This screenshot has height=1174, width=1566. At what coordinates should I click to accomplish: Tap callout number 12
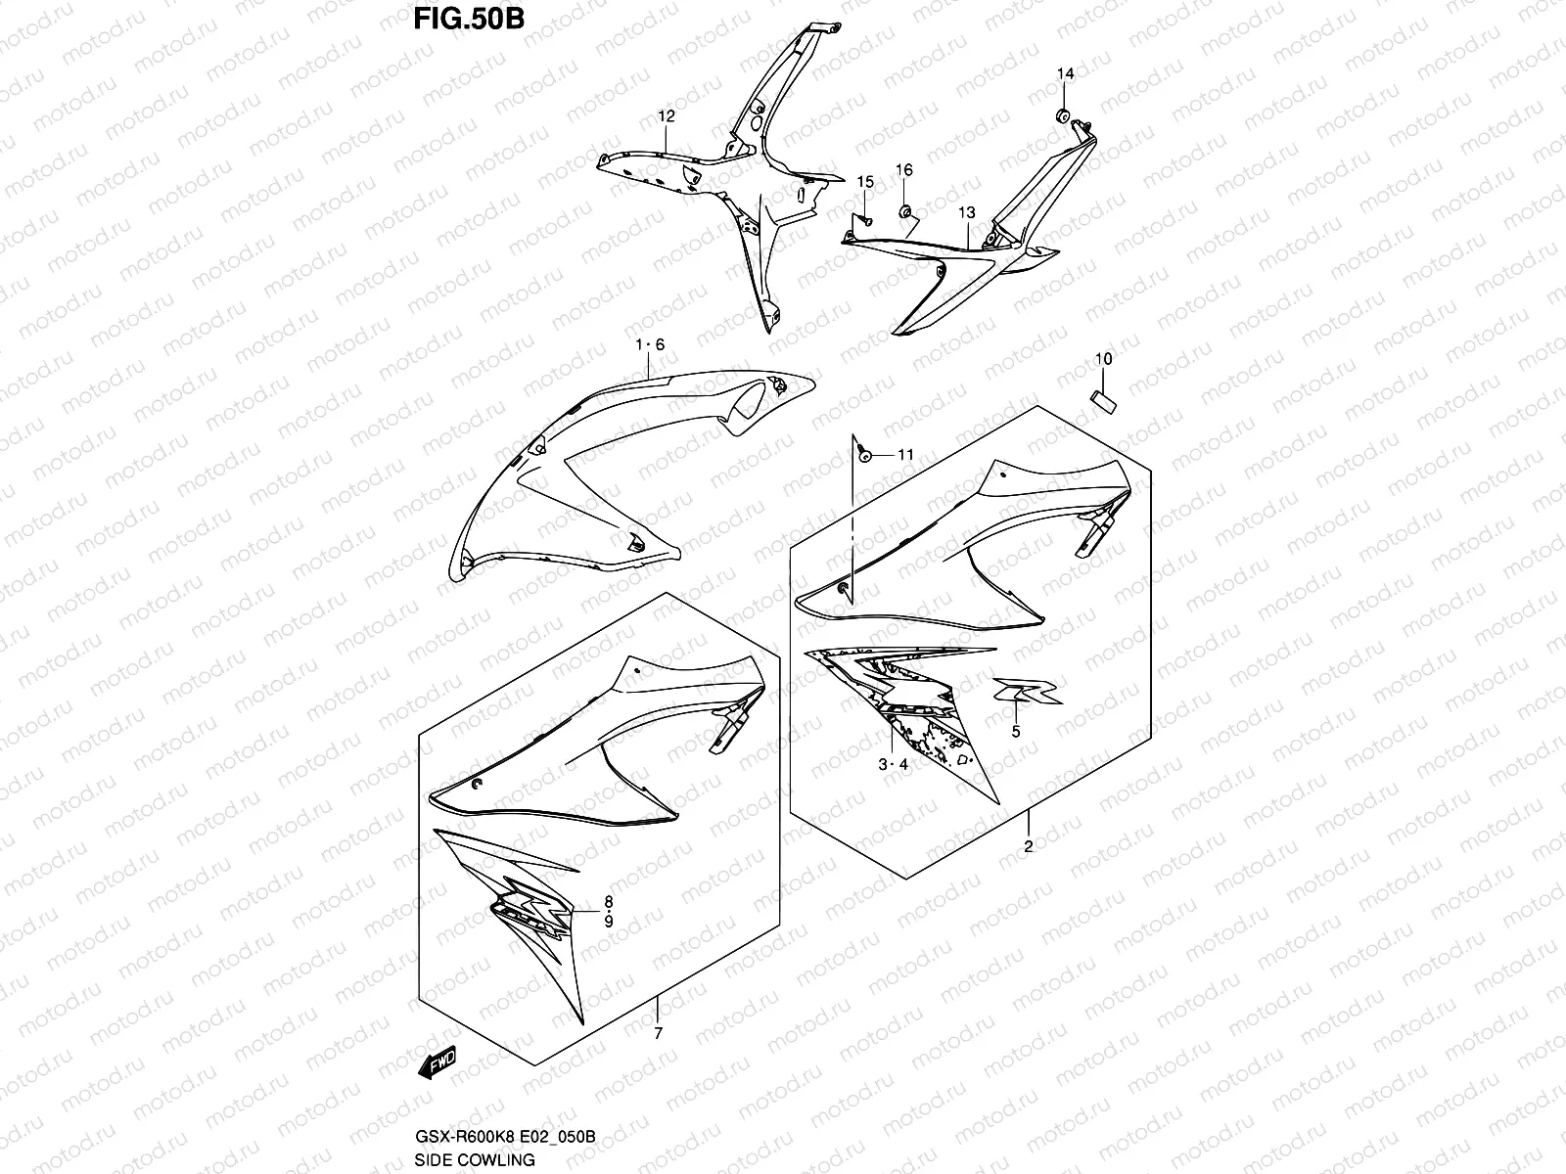(666, 116)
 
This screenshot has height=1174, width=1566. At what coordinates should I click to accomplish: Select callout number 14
(1065, 75)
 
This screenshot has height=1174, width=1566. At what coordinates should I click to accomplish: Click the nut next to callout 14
(1061, 116)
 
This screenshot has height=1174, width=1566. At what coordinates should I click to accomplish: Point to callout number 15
(865, 182)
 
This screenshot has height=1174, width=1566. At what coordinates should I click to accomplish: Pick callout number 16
(904, 170)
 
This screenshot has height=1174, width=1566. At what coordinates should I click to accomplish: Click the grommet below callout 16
(905, 209)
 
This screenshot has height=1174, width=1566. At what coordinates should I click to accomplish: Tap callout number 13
(966, 212)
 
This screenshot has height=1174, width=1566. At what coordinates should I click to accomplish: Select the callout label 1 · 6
(650, 344)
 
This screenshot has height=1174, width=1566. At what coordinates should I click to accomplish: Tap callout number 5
(1015, 731)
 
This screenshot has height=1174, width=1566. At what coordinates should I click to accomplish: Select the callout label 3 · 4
(893, 765)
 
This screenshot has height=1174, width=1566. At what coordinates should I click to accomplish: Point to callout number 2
(1029, 847)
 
